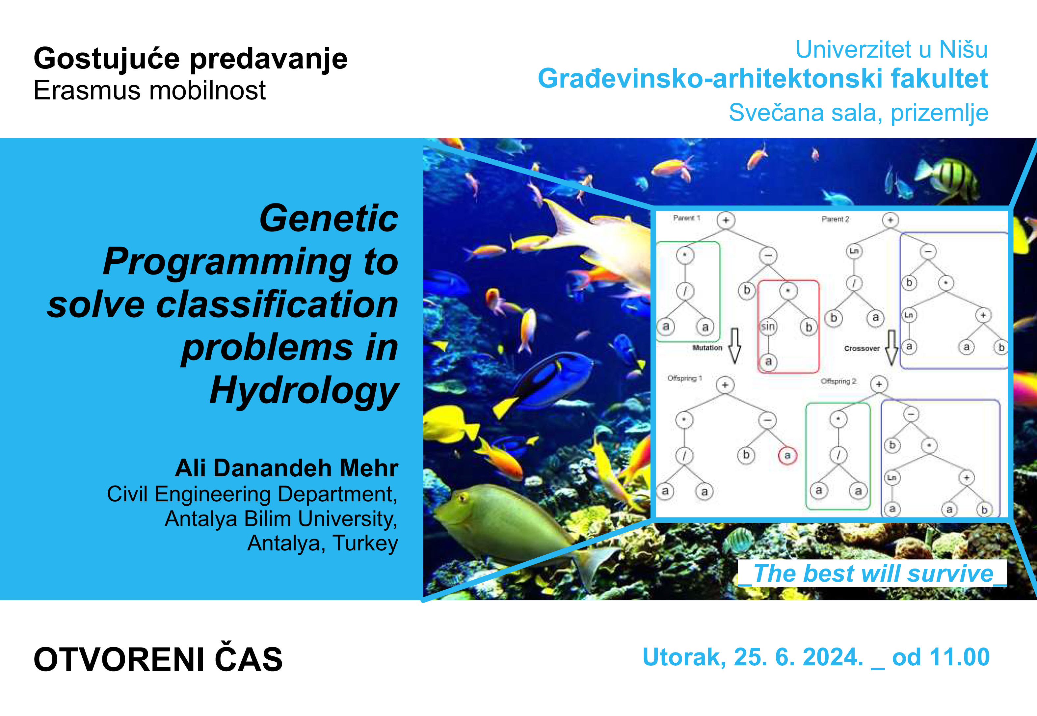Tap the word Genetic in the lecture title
[x=329, y=219]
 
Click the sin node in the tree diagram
[x=768, y=326]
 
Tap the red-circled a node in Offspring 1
[x=787, y=455]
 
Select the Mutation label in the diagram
[x=707, y=348]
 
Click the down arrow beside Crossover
[x=892, y=348]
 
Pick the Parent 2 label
[x=835, y=219]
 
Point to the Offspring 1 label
[x=684, y=378]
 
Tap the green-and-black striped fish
[x=946, y=177]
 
